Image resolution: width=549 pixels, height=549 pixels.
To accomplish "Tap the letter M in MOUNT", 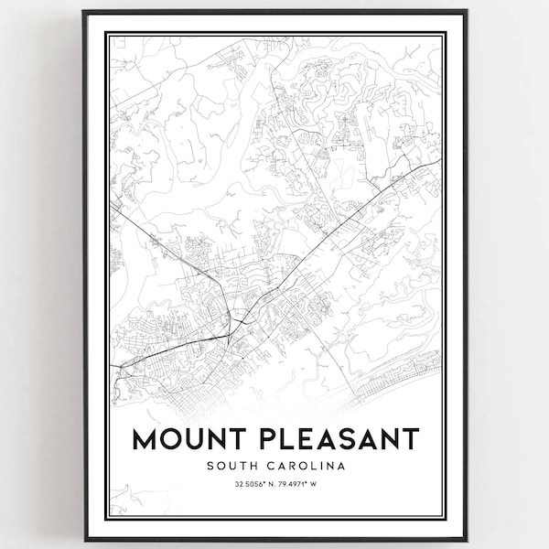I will (x=145, y=439).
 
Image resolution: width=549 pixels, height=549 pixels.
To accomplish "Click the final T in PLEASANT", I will (x=409, y=439).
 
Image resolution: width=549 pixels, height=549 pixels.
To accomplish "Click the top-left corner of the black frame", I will (x=83, y=11).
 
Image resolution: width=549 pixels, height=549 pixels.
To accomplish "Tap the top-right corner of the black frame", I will (x=467, y=11).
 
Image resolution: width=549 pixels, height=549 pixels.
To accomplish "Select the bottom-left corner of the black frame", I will (x=83, y=540).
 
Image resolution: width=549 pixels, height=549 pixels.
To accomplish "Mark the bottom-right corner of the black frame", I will (x=467, y=540).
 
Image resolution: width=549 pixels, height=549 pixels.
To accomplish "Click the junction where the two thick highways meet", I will (x=229, y=334).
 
